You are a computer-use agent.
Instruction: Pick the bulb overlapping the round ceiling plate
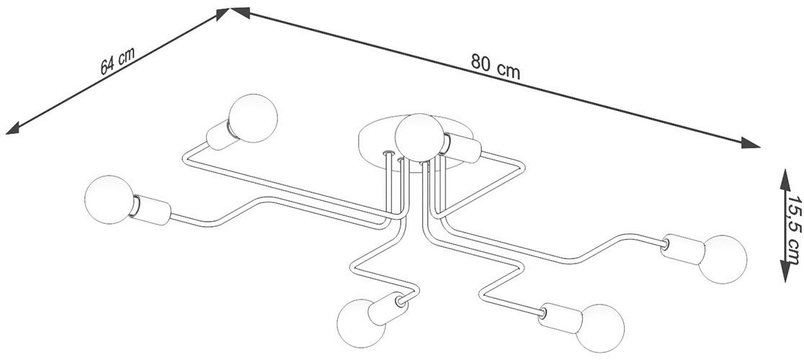point(417,136)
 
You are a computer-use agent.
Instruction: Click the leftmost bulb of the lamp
point(107,200)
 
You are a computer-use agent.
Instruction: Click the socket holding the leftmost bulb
point(151,210)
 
